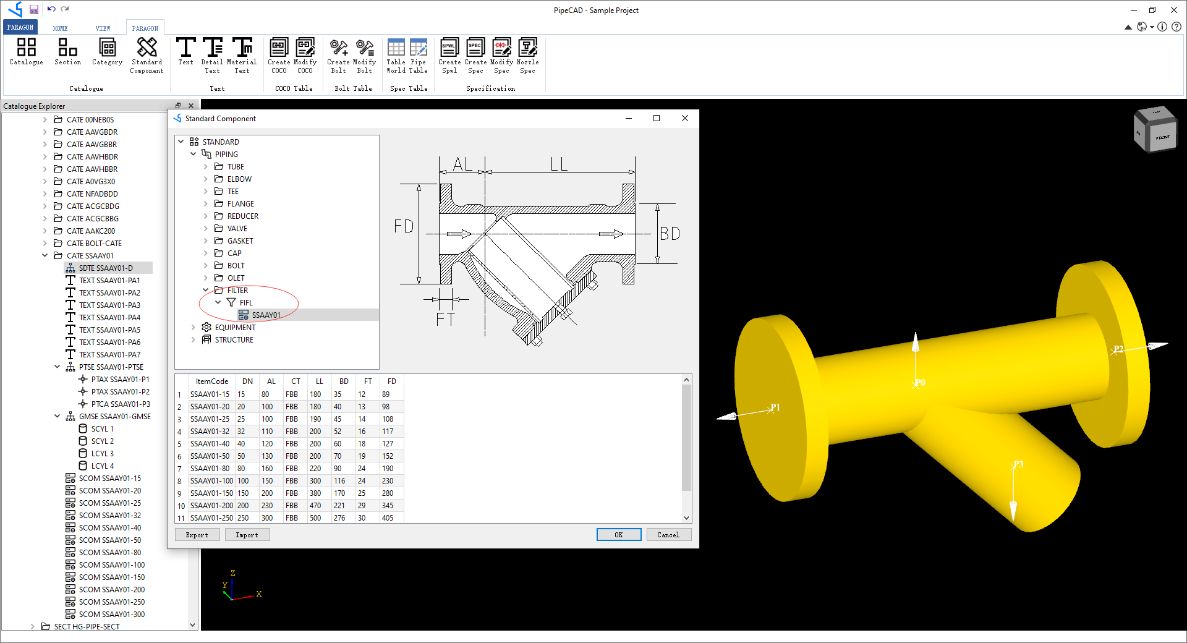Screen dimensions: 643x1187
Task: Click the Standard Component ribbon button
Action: [x=147, y=55]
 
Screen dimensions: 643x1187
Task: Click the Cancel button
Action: [x=668, y=535]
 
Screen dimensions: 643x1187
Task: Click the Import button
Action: [x=247, y=535]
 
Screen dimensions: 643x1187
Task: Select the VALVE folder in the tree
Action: [x=237, y=229]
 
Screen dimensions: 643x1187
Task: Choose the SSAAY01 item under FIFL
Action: [x=266, y=315]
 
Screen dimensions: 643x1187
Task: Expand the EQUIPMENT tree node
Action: [x=193, y=328]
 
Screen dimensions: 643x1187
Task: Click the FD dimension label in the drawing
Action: [x=404, y=226]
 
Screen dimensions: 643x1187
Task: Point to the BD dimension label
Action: [x=670, y=234]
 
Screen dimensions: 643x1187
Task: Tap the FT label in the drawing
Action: [x=445, y=320]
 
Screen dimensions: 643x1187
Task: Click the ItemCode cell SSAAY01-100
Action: [x=211, y=481]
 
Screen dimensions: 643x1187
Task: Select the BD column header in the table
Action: [x=344, y=381]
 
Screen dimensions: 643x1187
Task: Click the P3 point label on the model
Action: [x=1018, y=464]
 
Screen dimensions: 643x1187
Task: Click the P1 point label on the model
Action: [x=775, y=407]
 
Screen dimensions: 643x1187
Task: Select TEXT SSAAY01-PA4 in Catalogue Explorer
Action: [x=109, y=318]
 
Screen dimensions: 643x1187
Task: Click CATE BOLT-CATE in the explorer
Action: [x=94, y=244]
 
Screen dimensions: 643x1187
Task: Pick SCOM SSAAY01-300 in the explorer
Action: [x=111, y=615]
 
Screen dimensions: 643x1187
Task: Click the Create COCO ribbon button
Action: [x=279, y=55]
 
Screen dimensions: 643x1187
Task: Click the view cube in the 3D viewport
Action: [x=1155, y=129]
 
